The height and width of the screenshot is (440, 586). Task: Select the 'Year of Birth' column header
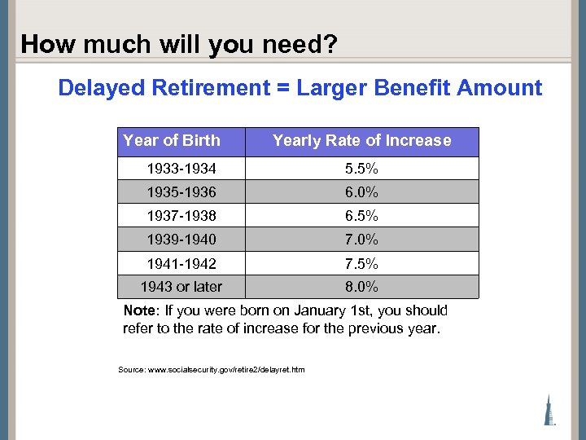point(172,140)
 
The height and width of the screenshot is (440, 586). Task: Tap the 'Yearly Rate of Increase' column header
point(361,140)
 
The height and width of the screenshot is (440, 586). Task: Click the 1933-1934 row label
point(181,169)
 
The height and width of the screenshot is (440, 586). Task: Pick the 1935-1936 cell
point(181,193)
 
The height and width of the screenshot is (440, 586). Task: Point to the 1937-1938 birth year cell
point(181,217)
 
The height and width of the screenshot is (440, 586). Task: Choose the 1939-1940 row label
point(181,240)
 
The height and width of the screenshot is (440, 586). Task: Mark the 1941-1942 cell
point(181,264)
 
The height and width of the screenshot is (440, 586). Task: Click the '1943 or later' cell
point(181,287)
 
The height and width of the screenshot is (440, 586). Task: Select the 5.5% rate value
point(361,169)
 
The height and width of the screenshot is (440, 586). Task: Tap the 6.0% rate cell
point(361,193)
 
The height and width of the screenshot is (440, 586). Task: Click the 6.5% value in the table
point(361,217)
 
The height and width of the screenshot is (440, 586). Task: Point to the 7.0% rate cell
point(361,240)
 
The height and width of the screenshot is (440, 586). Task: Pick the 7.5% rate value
point(361,264)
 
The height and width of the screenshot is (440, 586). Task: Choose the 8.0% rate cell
point(361,287)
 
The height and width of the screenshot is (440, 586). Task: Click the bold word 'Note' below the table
point(141,310)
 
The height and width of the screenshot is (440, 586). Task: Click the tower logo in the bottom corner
point(550,408)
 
